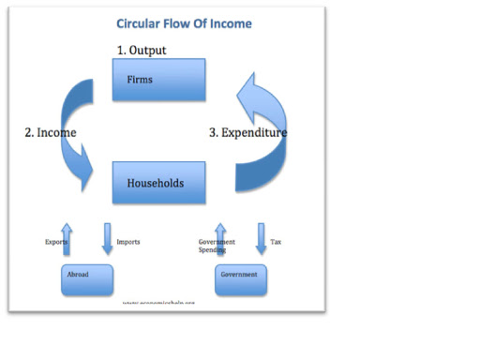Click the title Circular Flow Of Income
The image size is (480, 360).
click(x=184, y=22)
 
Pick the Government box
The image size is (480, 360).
click(x=241, y=278)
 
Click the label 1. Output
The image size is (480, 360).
click(x=142, y=50)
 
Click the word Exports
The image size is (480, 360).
click(x=56, y=242)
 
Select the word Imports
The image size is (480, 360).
click(x=128, y=242)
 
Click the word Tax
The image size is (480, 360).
click(x=276, y=242)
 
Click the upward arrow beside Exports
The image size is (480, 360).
click(x=66, y=239)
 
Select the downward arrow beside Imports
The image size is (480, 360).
click(x=107, y=239)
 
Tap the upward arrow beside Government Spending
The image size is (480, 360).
click(x=220, y=238)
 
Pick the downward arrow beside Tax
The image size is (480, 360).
click(x=262, y=239)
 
